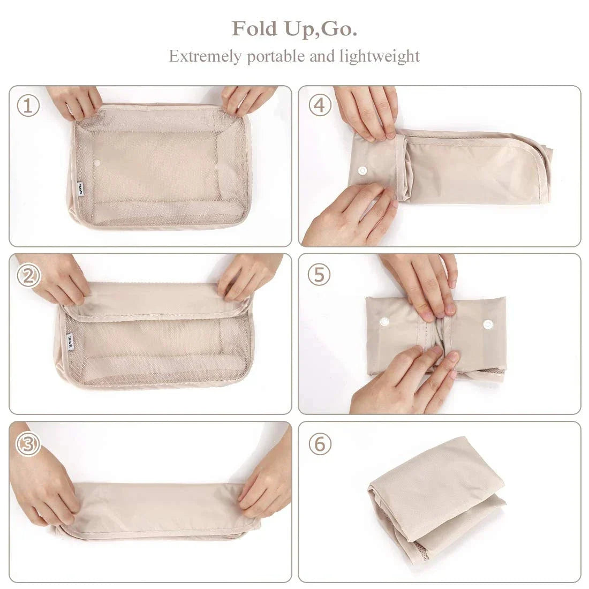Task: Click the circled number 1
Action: tap(28, 106)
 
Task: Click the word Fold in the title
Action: tap(251, 29)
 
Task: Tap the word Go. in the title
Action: tap(339, 29)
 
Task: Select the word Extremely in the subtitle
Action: tap(206, 56)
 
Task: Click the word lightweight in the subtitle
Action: tap(380, 56)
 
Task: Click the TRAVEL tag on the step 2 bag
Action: tap(69, 342)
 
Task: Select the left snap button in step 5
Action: tap(383, 322)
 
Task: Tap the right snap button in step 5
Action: tap(487, 324)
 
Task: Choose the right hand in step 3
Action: tap(265, 482)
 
